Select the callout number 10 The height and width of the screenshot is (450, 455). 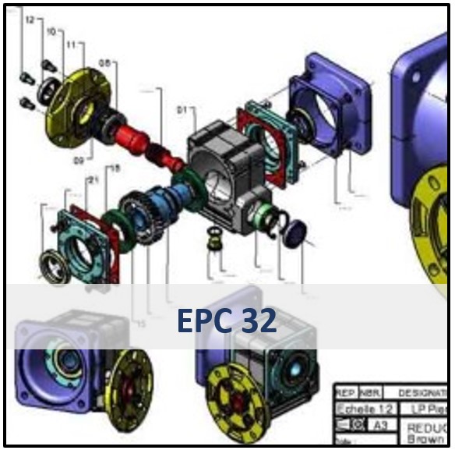pos(51,32)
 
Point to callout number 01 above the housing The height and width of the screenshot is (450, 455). pos(181,111)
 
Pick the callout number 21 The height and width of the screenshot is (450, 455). pos(93,181)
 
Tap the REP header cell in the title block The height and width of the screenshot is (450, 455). pos(344,392)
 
